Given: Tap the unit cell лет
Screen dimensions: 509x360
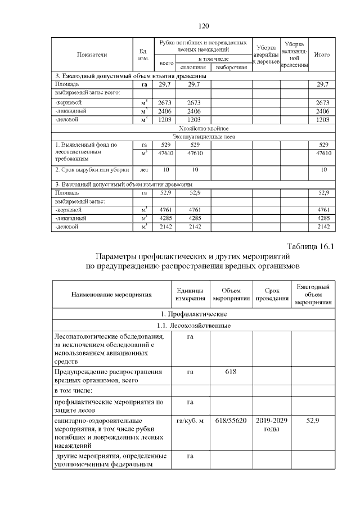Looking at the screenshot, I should tap(143, 169).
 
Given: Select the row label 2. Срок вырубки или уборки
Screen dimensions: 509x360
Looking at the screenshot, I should tap(92, 169).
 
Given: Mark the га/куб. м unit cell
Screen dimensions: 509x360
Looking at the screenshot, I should tap(190, 420).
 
